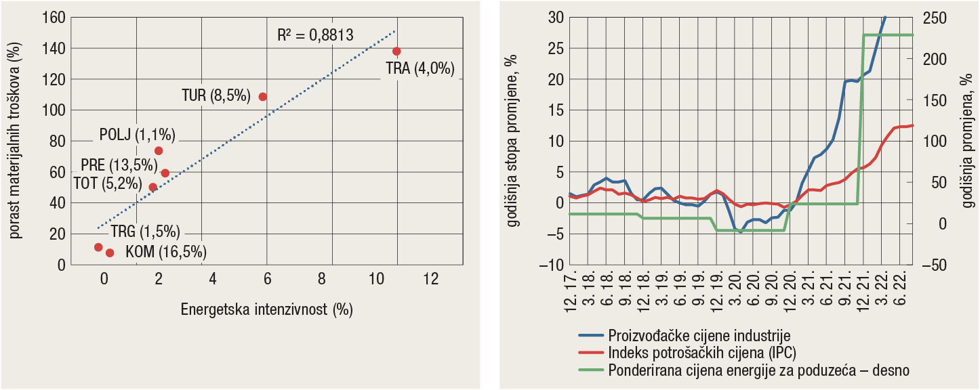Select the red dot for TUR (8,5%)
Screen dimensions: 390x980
[x=263, y=97]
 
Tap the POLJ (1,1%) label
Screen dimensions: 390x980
[x=137, y=135]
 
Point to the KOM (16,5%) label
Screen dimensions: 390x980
[x=166, y=253]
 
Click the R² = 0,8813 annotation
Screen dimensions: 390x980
[x=315, y=36]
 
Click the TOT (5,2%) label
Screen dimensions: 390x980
[x=107, y=183]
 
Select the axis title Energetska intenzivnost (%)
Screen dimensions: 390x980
[x=267, y=310]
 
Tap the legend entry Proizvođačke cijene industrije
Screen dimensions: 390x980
[x=699, y=335]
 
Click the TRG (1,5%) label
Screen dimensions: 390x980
[x=145, y=232]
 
